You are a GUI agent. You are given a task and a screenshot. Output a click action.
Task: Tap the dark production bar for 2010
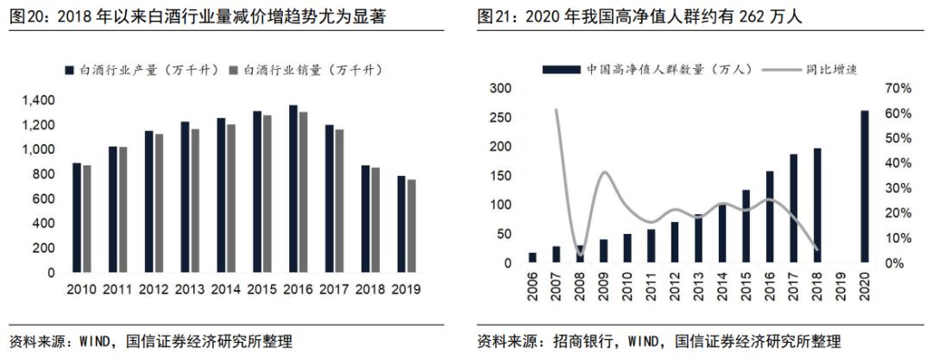pos(77,217)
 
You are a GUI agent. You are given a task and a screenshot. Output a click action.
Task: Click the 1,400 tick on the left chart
pos(39,101)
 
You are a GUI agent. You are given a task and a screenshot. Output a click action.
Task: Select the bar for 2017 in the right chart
pos(793,208)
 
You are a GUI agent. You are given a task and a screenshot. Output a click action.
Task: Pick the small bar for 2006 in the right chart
pos(532,257)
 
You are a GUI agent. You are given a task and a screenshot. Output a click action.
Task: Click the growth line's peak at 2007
pos(555,110)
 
